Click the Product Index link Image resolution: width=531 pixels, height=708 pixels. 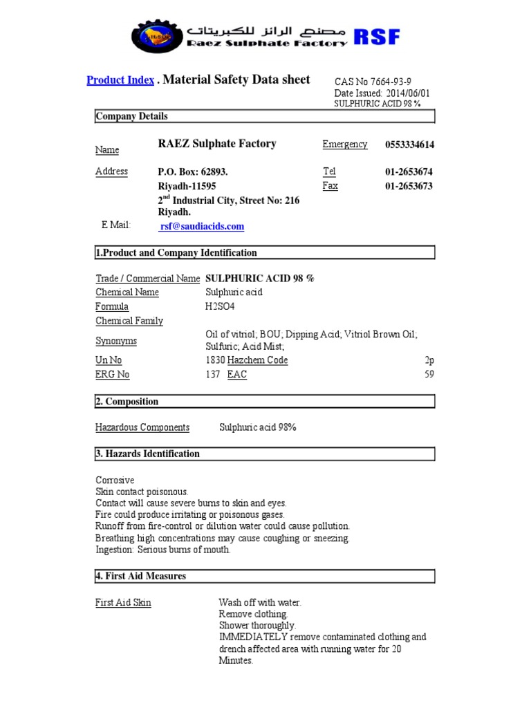[120, 80]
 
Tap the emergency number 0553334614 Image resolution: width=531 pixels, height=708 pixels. [409, 145]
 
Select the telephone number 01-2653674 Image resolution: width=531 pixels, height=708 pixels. [409, 171]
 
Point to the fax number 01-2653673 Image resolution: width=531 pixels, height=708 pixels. [409, 186]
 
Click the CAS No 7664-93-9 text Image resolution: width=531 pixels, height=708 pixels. [373, 82]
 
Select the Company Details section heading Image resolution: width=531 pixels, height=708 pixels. [132, 116]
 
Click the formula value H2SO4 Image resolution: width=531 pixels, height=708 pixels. [216, 306]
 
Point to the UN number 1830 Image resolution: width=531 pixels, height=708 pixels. [215, 360]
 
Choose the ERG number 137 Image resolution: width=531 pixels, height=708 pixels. [213, 374]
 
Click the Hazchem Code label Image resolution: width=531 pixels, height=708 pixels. [257, 360]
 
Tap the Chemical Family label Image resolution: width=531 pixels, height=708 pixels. [129, 321]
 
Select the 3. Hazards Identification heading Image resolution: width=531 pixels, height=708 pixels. [147, 454]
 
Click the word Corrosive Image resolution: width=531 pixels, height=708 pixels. [115, 480]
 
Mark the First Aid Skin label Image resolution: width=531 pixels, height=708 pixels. [123, 602]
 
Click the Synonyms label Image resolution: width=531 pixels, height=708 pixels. [116, 341]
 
